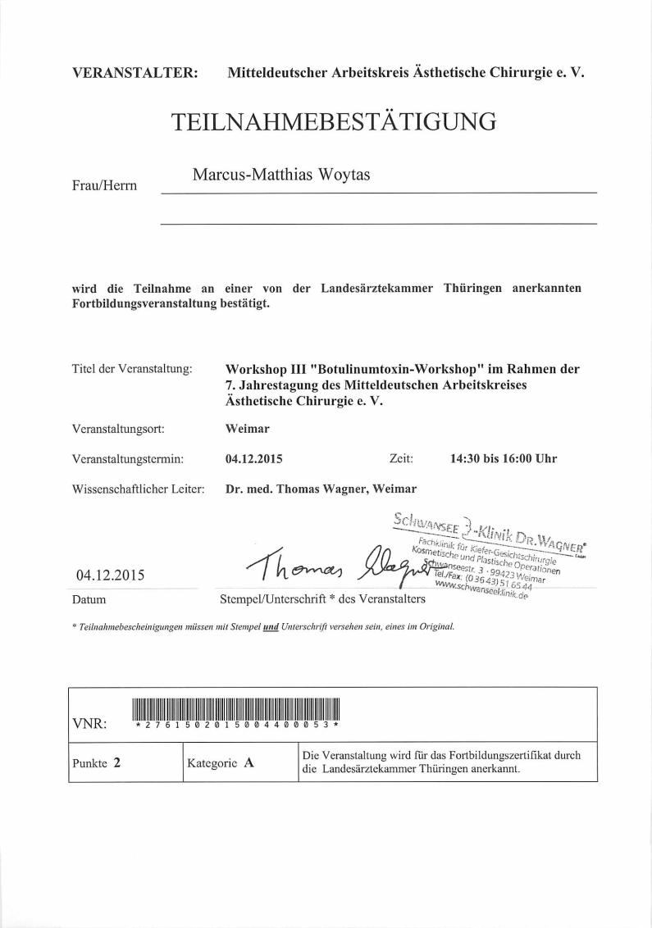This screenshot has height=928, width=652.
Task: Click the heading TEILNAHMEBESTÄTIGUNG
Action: click(334, 122)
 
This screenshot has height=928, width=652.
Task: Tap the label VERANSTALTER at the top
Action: click(135, 72)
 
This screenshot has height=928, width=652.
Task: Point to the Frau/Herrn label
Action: click(105, 186)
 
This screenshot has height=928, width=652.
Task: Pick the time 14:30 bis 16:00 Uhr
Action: click(503, 458)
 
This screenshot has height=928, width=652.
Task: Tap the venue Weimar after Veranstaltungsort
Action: click(247, 428)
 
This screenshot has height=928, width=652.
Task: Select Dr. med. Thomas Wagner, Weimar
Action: click(321, 489)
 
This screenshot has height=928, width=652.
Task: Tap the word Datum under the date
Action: click(89, 600)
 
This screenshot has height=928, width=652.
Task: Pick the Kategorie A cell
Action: click(221, 762)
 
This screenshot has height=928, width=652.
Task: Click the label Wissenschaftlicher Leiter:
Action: click(138, 489)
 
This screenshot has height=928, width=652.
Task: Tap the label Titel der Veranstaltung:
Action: click(132, 369)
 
